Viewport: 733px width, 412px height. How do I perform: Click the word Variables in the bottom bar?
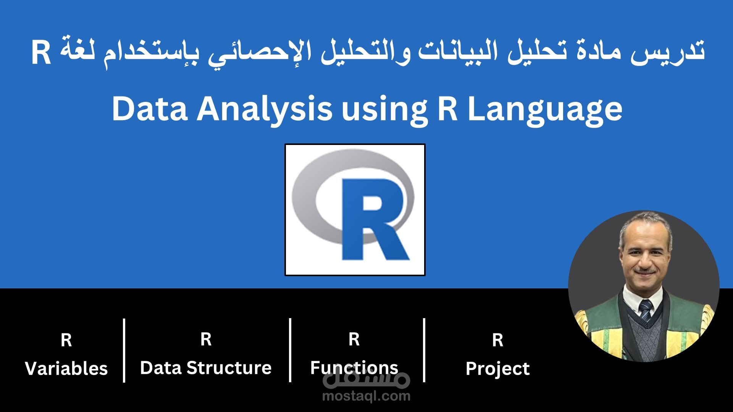66,369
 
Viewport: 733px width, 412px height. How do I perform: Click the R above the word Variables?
66,340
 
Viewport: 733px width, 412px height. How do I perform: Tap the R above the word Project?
498,340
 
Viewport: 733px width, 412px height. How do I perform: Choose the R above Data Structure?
206,339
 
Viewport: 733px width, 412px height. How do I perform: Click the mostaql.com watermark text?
366,396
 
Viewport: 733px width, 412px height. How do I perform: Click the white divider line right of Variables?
124,350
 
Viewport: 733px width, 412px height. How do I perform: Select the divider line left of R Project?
424,350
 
